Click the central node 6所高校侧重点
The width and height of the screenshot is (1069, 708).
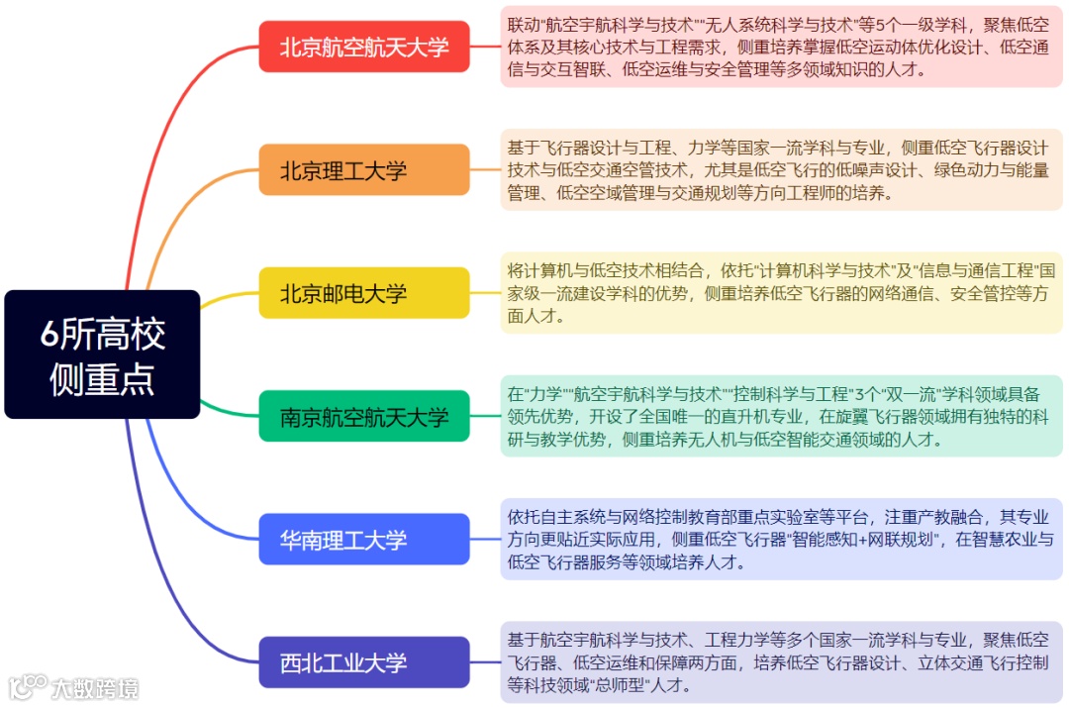click(x=102, y=354)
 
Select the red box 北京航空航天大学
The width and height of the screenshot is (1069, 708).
click(x=364, y=47)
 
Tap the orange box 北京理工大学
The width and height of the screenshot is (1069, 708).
click(x=364, y=170)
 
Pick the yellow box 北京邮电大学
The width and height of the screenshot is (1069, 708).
click(x=364, y=293)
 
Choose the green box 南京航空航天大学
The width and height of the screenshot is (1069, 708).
click(x=364, y=417)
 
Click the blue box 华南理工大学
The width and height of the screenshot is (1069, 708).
click(x=364, y=540)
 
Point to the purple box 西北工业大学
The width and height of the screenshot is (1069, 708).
click(x=364, y=662)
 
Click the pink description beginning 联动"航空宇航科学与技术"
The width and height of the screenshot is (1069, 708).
click(x=781, y=47)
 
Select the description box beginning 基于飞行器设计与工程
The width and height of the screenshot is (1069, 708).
click(x=781, y=170)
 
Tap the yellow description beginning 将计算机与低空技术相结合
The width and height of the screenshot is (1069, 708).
click(x=781, y=293)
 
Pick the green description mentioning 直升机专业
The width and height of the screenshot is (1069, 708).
click(x=781, y=417)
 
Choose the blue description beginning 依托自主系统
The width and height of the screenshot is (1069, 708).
click(x=781, y=540)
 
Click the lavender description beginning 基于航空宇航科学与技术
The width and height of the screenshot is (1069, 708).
click(x=781, y=662)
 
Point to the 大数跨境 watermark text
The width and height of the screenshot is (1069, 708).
click(x=96, y=688)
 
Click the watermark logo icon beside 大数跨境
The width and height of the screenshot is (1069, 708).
click(x=28, y=686)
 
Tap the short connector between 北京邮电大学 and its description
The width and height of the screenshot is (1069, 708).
click(x=485, y=293)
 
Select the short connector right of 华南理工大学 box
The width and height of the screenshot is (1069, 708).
click(x=485, y=540)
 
